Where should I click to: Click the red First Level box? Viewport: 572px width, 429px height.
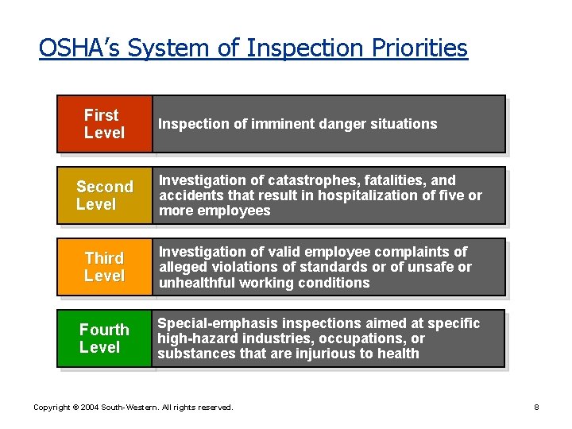coord(104,124)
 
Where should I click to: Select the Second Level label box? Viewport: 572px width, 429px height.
coord(104,195)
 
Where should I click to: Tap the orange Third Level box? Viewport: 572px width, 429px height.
coord(104,267)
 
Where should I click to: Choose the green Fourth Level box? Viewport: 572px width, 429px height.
coord(104,338)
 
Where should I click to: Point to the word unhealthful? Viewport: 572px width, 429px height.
coord(196,283)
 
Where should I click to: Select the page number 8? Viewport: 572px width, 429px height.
coord(536,408)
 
